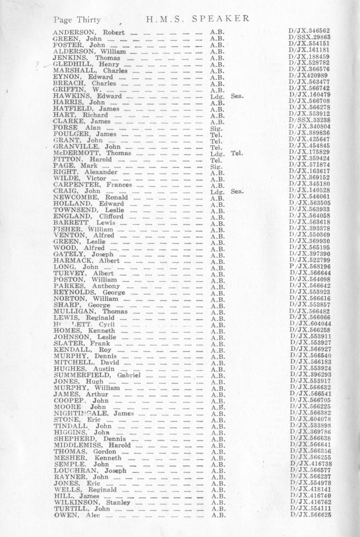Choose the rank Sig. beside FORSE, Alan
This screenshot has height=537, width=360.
coord(215,128)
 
